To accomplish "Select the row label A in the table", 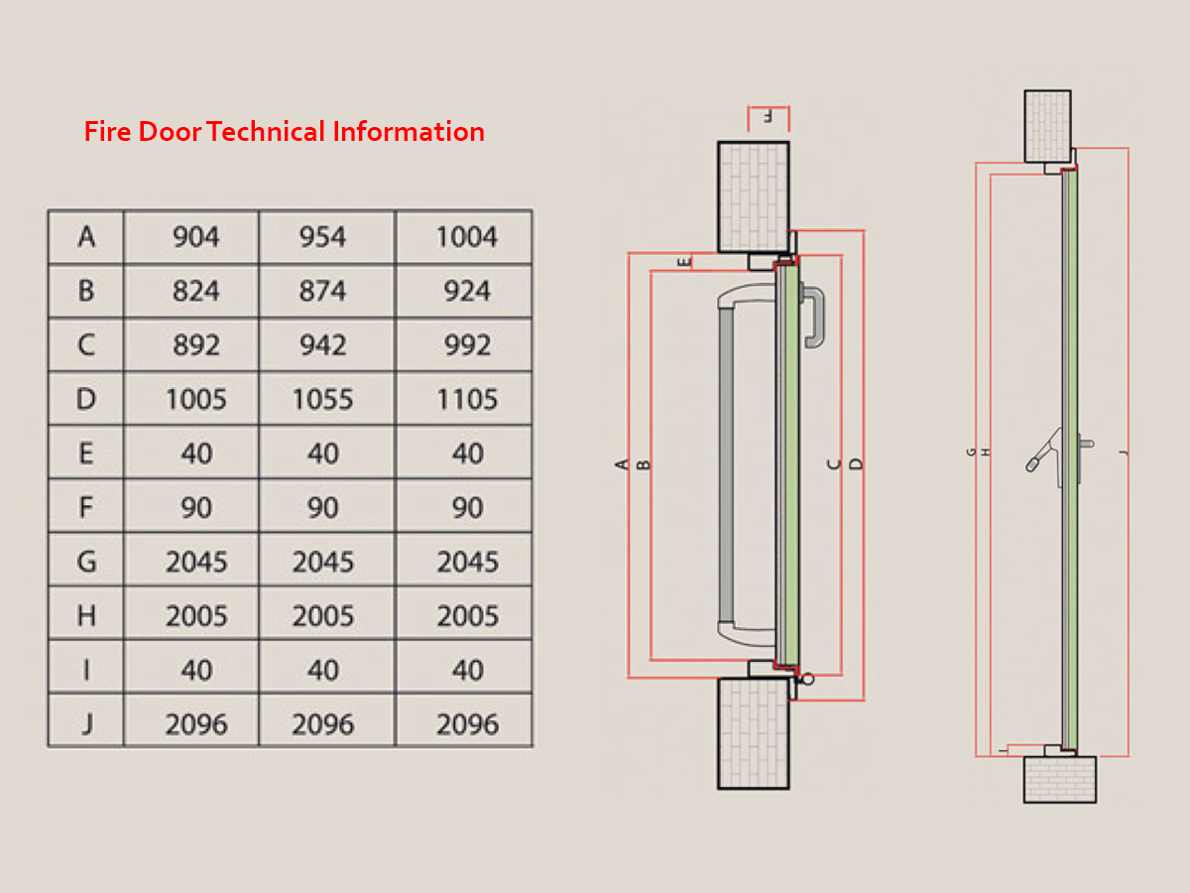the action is click(x=86, y=237).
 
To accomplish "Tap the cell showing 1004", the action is click(x=467, y=237).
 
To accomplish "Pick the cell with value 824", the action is click(x=195, y=291).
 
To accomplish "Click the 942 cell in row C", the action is click(x=323, y=345).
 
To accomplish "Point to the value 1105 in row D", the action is click(x=467, y=400).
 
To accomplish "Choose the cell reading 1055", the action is click(x=322, y=400).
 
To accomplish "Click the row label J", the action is click(x=86, y=724).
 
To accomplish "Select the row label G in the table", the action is click(x=86, y=562).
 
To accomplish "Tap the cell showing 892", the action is click(x=196, y=345).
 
